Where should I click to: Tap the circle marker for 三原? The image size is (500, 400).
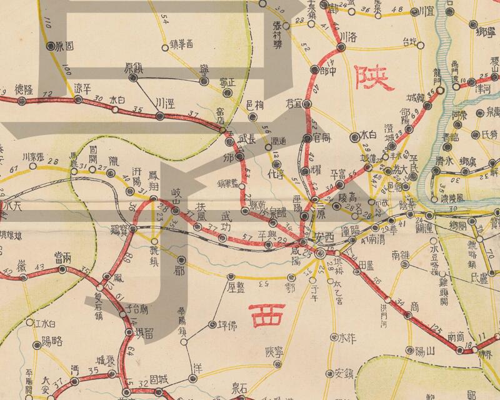coord(304,216)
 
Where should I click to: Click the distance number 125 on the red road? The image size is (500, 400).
coord(437,327)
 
